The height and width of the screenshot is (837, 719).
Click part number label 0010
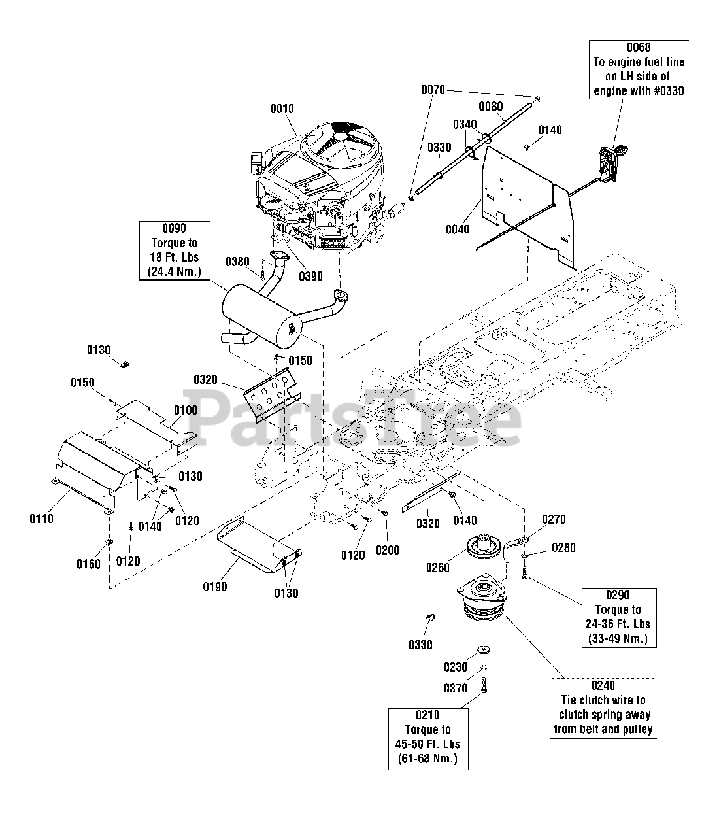point(282,109)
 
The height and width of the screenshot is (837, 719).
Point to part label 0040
point(458,229)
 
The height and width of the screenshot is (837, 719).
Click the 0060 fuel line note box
point(639,69)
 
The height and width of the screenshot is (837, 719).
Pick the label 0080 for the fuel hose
point(490,106)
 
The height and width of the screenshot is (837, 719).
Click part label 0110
point(41,519)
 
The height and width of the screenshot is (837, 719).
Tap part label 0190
point(214,587)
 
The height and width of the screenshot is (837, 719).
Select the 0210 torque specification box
point(427,737)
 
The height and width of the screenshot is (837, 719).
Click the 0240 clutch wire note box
point(603,708)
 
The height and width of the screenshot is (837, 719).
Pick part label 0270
point(554,520)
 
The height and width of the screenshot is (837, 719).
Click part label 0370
point(456,688)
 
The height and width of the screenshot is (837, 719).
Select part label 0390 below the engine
point(311,276)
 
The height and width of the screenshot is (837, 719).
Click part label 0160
point(89,564)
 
